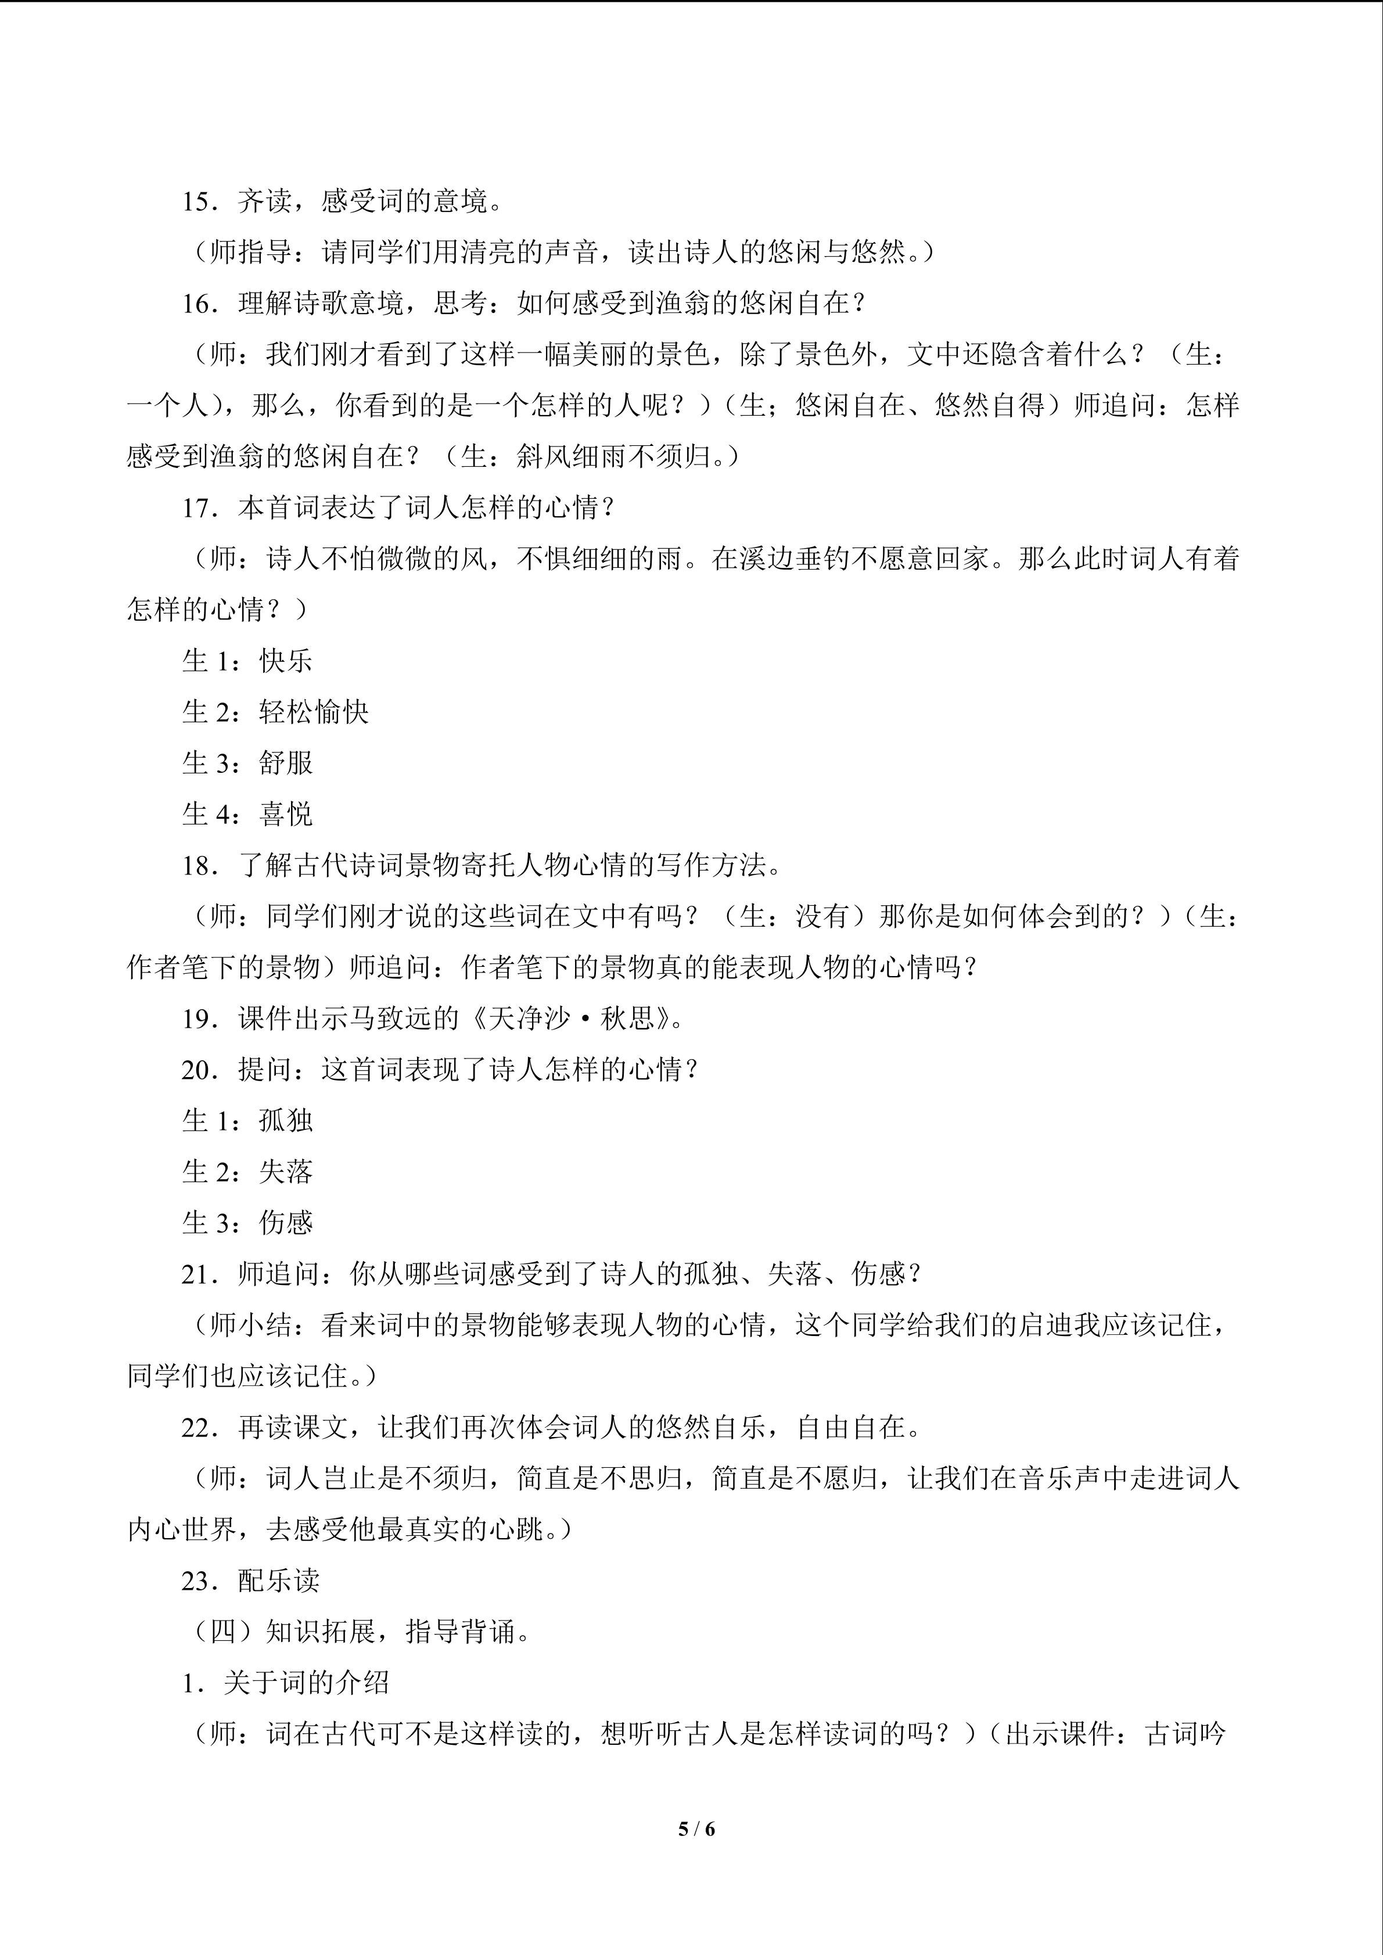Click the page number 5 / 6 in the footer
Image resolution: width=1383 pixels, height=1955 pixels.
pos(696,1828)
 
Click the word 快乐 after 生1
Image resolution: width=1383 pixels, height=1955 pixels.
pos(286,661)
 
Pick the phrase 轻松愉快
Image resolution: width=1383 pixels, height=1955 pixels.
pos(314,712)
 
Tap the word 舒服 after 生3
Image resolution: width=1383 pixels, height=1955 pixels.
pos(286,763)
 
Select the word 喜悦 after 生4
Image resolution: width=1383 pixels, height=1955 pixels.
pos(286,814)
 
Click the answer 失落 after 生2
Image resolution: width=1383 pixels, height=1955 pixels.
pos(286,1172)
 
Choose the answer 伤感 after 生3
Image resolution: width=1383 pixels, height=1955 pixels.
pos(286,1223)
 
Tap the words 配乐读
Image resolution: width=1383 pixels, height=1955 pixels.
pos(279,1581)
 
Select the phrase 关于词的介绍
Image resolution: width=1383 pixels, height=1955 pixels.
pos(307,1683)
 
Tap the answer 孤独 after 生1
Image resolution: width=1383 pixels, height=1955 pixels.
pos(286,1121)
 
